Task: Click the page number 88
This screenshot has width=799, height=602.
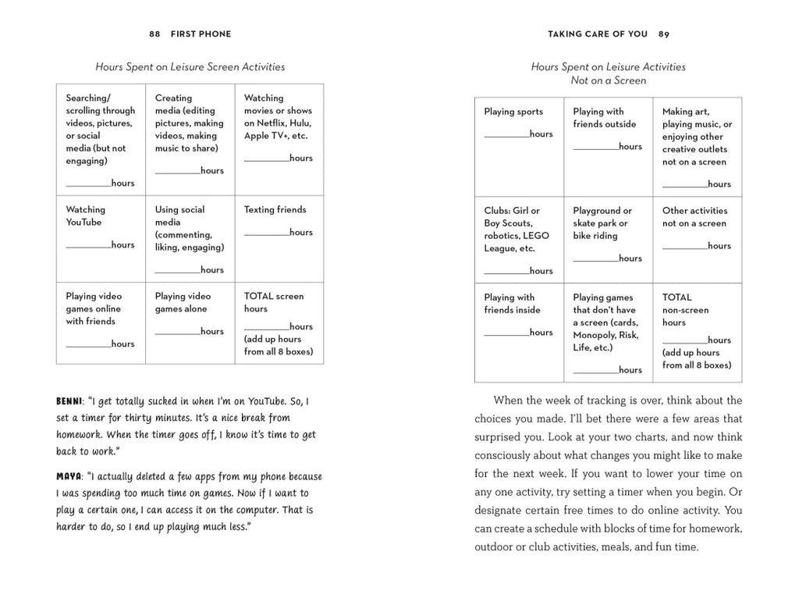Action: [154, 34]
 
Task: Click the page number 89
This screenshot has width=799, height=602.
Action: [663, 34]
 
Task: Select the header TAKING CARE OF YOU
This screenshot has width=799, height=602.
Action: [598, 34]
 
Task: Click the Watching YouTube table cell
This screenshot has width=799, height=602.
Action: [101, 238]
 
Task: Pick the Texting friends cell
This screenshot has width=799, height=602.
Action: [279, 238]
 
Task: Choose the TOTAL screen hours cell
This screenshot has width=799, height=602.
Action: [279, 322]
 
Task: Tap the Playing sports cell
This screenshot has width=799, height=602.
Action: [519, 146]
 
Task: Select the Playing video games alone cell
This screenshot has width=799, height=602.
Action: [190, 322]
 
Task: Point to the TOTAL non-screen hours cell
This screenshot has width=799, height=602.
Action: [697, 332]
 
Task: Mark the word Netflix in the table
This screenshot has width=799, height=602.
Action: [278, 123]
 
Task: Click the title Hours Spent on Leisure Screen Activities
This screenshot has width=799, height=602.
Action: [190, 67]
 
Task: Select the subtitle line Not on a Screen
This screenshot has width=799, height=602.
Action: [608, 80]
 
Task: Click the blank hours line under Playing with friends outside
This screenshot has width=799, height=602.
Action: [595, 147]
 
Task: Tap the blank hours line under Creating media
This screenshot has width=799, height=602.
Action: [177, 171]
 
